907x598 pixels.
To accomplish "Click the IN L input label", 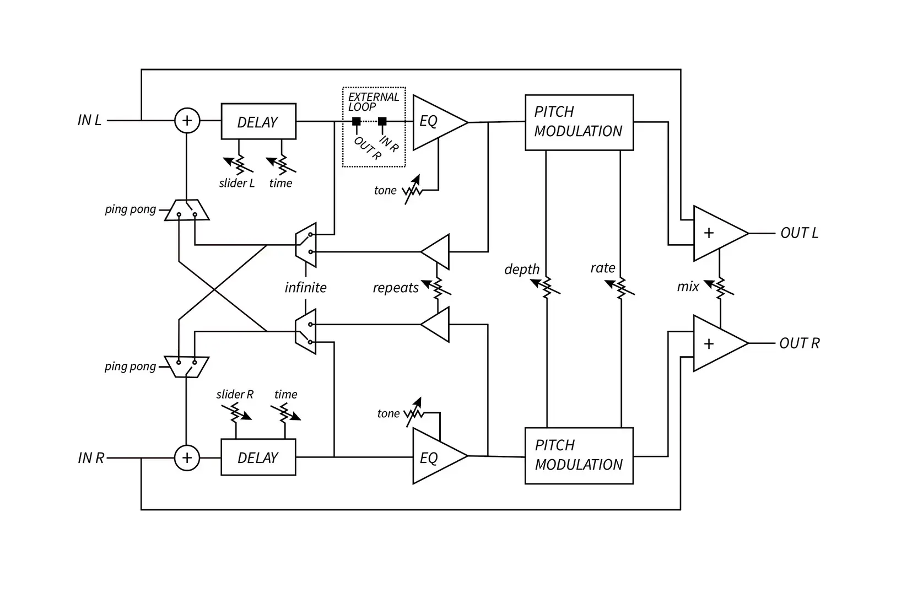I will pos(90,120).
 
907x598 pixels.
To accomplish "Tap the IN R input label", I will pos(91,458).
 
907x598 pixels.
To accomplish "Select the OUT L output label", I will pos(799,233).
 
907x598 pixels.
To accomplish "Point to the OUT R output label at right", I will pos(799,343).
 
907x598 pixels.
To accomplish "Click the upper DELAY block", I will pos(258,122).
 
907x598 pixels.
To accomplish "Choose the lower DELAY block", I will pos(258,457).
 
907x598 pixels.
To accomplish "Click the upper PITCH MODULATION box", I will pos(579,122).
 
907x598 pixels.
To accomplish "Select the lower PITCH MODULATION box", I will pos(579,456).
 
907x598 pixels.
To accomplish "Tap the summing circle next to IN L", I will pos(187,121).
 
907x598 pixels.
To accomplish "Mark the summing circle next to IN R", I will pos(187,458).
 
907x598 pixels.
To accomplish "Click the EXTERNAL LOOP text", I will pos(373,101).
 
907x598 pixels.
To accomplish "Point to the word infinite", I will pos(305,288).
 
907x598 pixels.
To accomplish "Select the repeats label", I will pos(396,288).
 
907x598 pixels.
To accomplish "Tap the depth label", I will pos(522,270).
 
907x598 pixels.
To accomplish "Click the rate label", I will pos(603,268).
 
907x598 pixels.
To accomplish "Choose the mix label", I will pos(688,287).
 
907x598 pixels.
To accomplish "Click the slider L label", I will pos(237,184).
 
